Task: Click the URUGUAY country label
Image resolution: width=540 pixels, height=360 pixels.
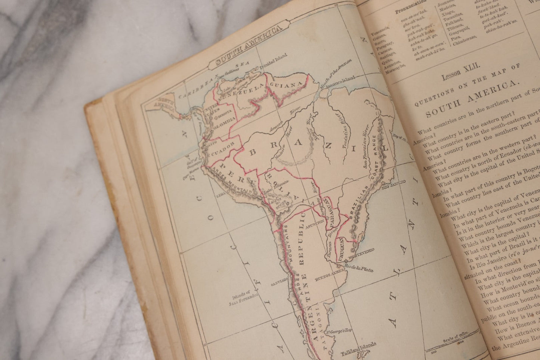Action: [341, 247]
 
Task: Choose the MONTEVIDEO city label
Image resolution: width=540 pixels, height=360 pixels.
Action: [361, 255]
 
